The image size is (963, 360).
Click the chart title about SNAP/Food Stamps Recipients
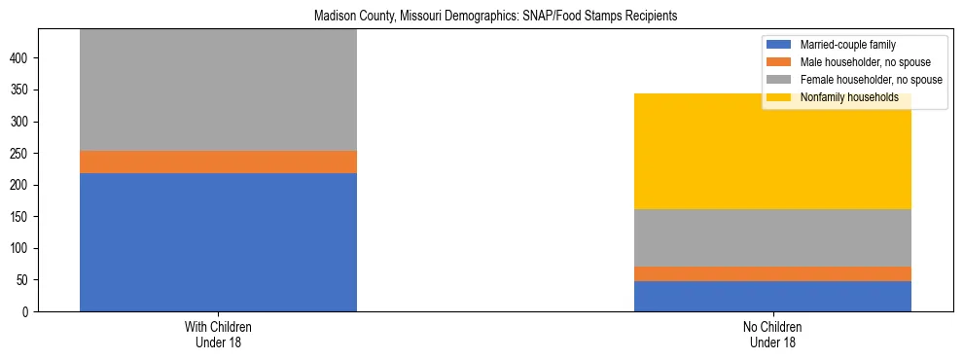click(496, 17)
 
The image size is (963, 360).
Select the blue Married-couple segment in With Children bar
click(218, 242)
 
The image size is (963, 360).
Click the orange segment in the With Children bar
click(218, 162)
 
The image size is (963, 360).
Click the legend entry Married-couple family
click(847, 45)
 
